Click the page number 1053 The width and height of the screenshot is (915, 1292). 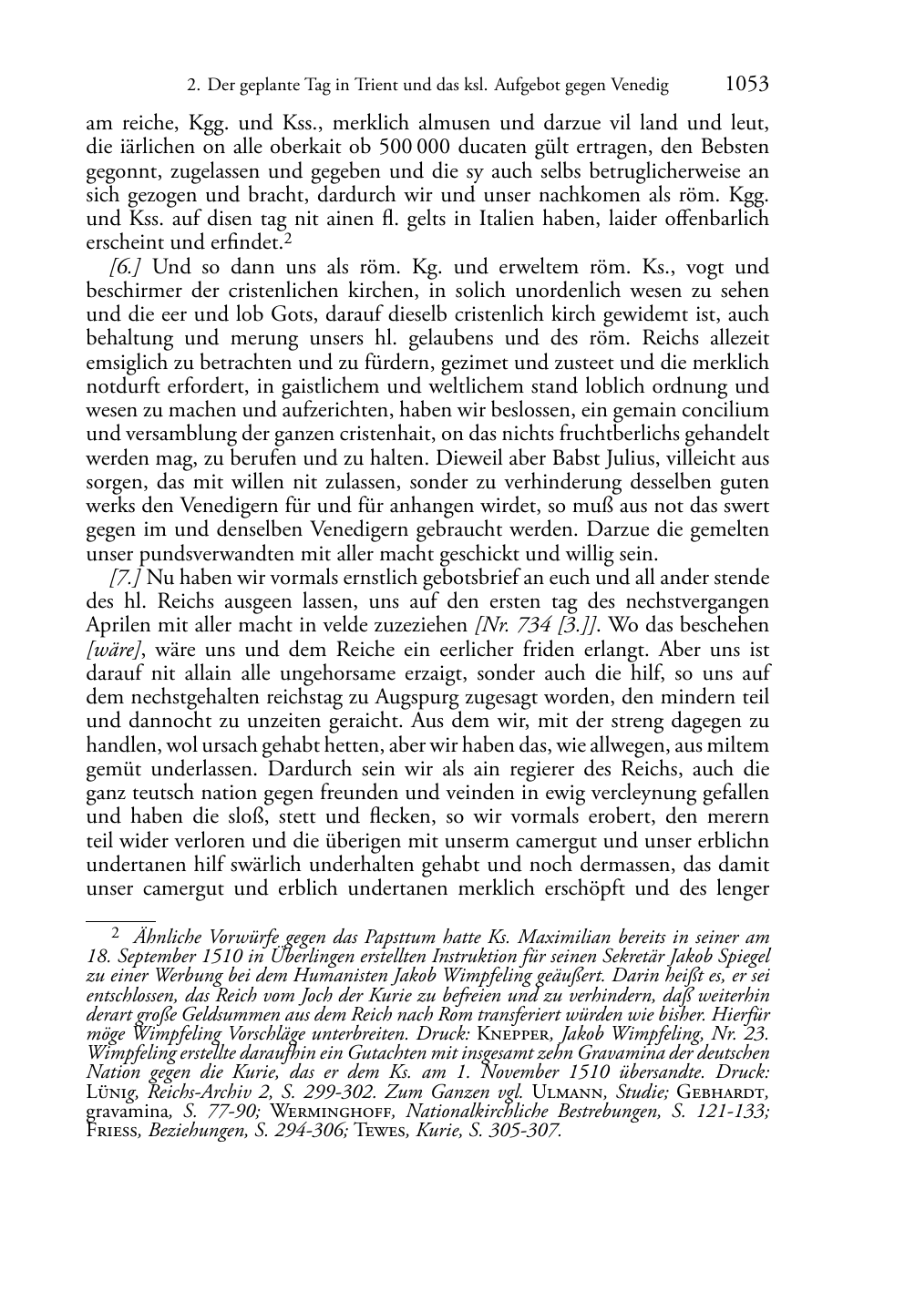coord(746,85)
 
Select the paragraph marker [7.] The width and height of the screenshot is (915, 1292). coord(125,578)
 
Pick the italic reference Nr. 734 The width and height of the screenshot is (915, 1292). coord(511,626)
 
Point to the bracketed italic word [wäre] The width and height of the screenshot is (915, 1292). coord(108,650)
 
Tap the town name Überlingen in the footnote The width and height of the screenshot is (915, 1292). coord(312,956)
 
